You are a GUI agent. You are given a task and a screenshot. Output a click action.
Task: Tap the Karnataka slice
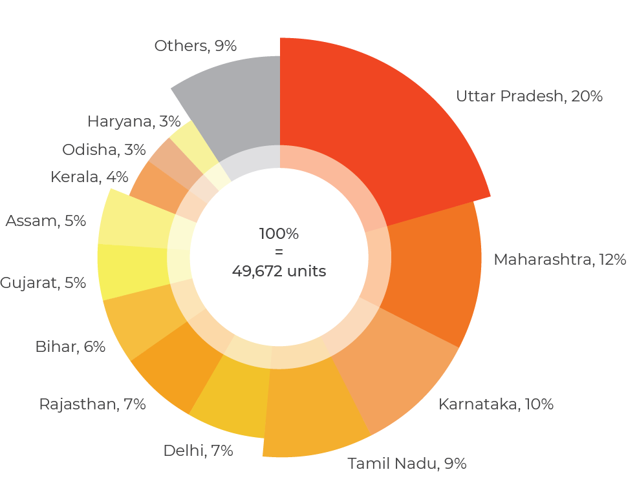pos(394,368)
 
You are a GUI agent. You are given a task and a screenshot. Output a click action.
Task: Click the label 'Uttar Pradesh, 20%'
pos(529,96)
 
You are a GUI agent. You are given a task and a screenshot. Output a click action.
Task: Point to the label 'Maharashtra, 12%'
pos(559,260)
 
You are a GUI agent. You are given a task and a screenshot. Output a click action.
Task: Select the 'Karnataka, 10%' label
pos(495,404)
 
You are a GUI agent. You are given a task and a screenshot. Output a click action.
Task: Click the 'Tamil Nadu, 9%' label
pos(407,463)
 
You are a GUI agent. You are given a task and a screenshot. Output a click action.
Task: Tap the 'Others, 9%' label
pos(195,46)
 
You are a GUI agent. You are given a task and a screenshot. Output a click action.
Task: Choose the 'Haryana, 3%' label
pos(134,121)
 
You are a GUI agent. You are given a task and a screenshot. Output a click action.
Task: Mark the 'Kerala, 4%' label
pos(89,177)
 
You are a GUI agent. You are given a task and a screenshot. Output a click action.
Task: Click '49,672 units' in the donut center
pos(279,271)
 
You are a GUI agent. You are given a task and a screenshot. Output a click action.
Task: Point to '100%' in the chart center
pos(279,234)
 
